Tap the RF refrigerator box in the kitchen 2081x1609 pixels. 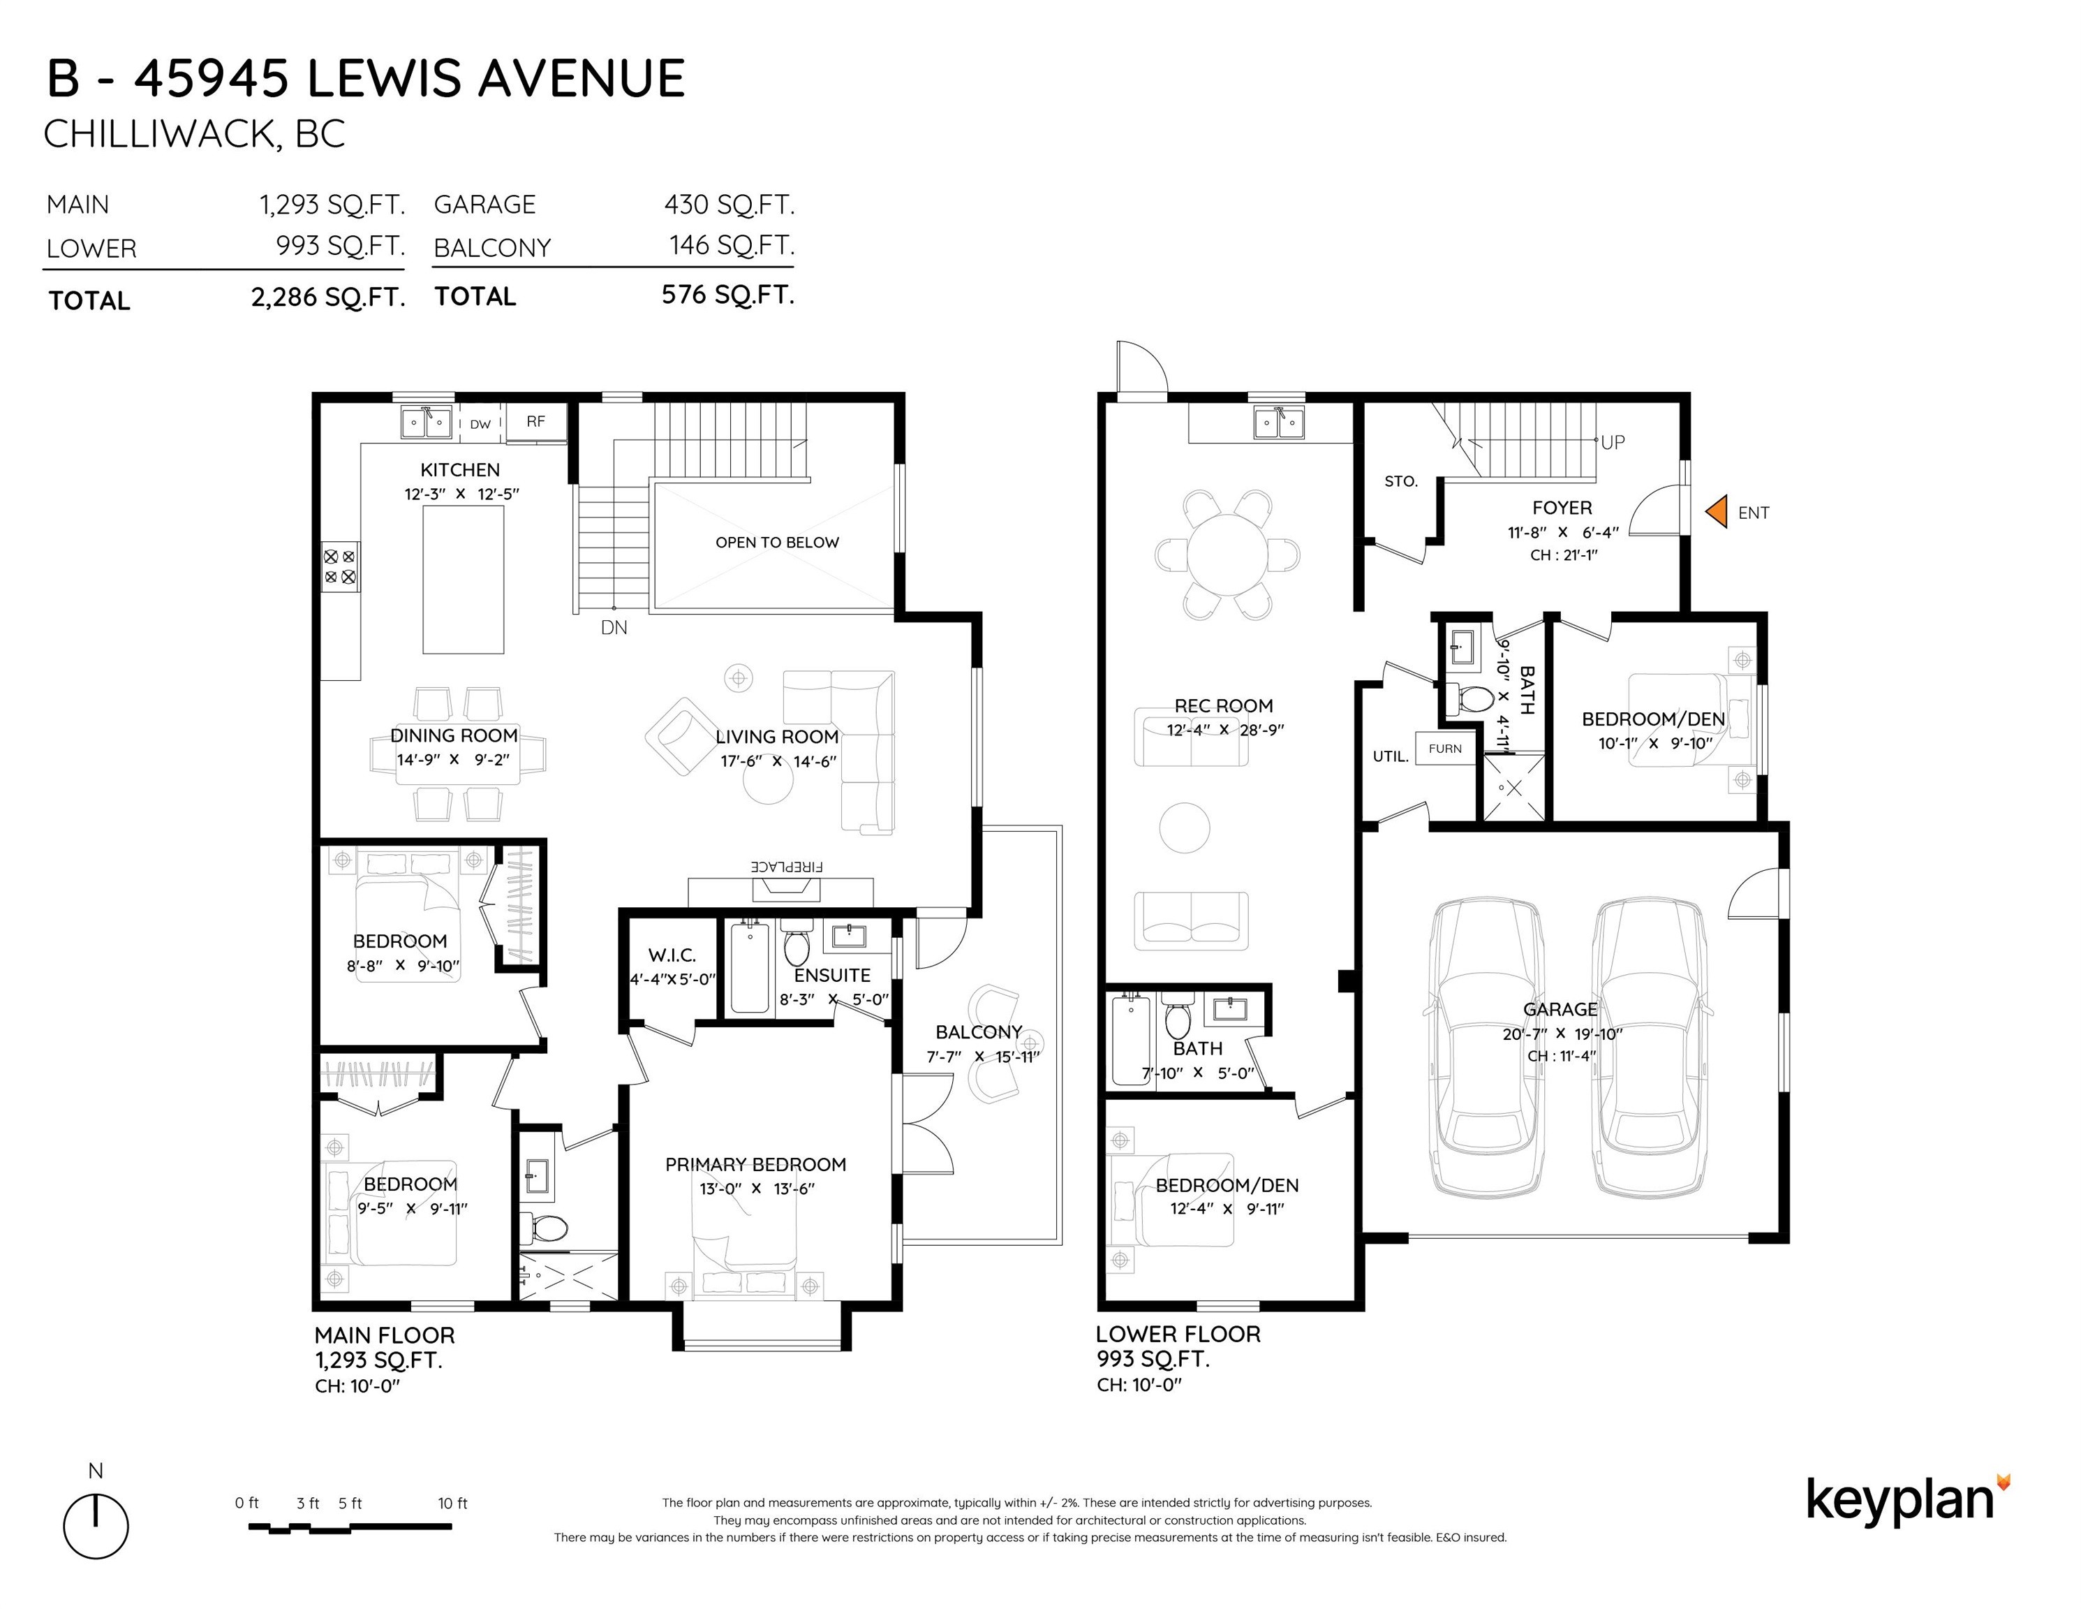pyautogui.click(x=535, y=421)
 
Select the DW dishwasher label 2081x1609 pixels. pyautogui.click(x=480, y=424)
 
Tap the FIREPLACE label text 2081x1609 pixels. pyautogui.click(x=786, y=867)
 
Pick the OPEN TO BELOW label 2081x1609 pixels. pyautogui.click(x=778, y=543)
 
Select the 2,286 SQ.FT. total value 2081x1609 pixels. pyautogui.click(x=329, y=297)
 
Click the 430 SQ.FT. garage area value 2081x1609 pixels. pyautogui.click(x=729, y=204)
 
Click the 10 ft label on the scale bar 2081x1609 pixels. pyautogui.click(x=452, y=1503)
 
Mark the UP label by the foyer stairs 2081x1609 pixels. pyautogui.click(x=1613, y=442)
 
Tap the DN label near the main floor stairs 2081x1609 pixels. pyautogui.click(x=614, y=627)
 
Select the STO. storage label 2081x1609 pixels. pyautogui.click(x=1400, y=481)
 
